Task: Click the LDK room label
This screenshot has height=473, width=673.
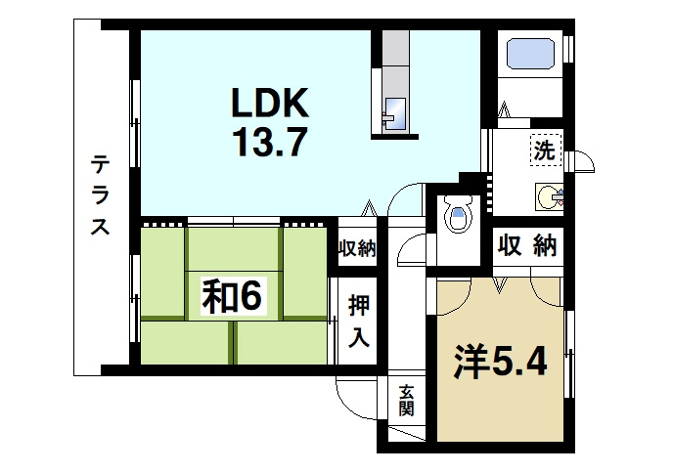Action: pos(270,103)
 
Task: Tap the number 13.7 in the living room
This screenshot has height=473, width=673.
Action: pos(270,144)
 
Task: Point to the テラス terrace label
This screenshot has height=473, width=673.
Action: pos(100,194)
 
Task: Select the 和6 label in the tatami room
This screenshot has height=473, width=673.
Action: pos(232,296)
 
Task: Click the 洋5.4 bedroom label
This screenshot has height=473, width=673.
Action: pos(499,361)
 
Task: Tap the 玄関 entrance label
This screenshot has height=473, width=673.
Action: pos(406,401)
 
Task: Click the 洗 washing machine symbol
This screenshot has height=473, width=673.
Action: pos(543,150)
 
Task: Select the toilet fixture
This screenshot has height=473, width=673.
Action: pos(457,214)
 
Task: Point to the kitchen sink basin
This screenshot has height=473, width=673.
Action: pos(394,111)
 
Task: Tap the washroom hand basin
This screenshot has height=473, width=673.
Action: pos(549,196)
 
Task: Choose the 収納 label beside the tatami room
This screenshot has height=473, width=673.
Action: pos(357,248)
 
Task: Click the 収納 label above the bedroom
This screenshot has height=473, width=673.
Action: pos(525,245)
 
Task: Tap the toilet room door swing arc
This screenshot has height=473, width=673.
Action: pos(411,244)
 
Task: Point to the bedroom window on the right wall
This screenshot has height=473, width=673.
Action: pos(569,342)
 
